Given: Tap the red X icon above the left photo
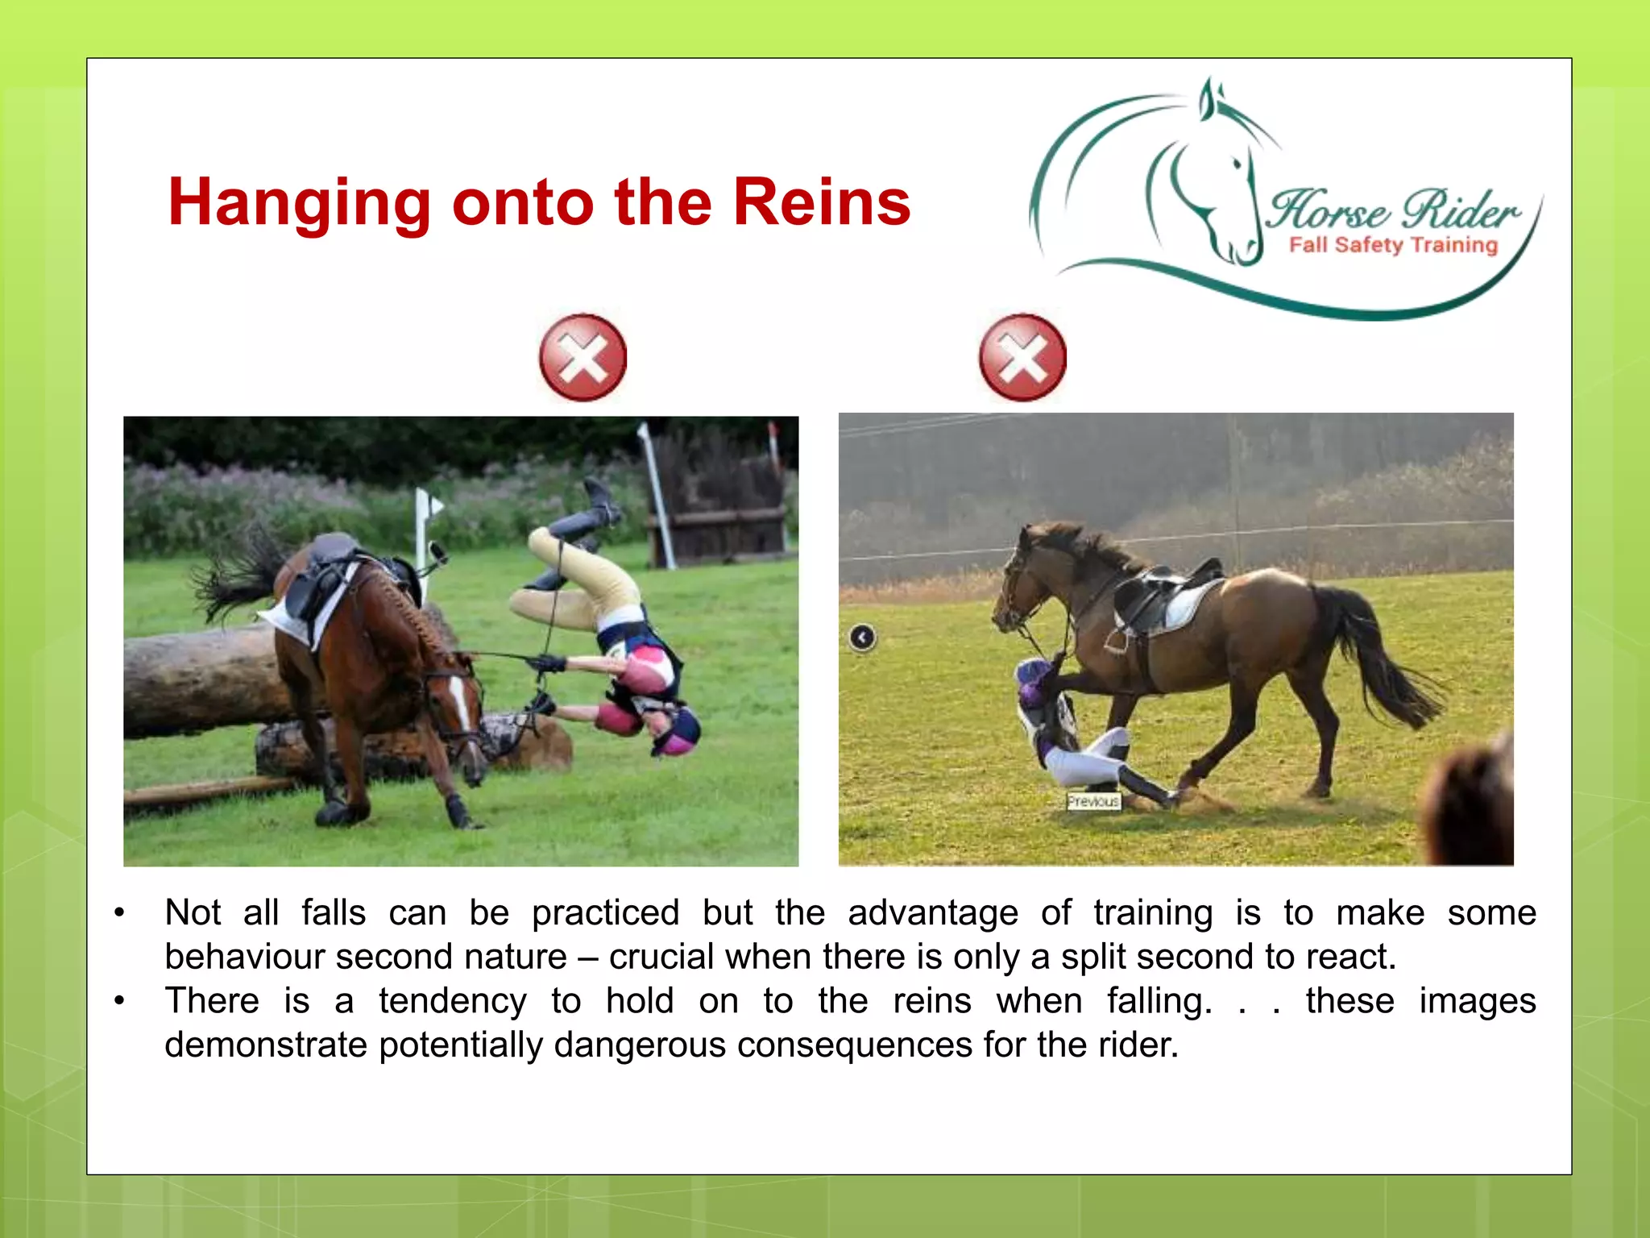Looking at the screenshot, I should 582,358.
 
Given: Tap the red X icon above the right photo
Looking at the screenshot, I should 1022,358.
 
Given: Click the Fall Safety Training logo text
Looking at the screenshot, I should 1393,245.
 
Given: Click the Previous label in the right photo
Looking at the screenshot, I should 1093,801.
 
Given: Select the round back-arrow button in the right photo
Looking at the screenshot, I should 862,638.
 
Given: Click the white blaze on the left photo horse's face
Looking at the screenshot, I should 462,701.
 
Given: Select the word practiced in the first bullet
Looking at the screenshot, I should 605,913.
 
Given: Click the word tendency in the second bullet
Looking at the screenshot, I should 453,1001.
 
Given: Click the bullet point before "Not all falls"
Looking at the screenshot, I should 119,913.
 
